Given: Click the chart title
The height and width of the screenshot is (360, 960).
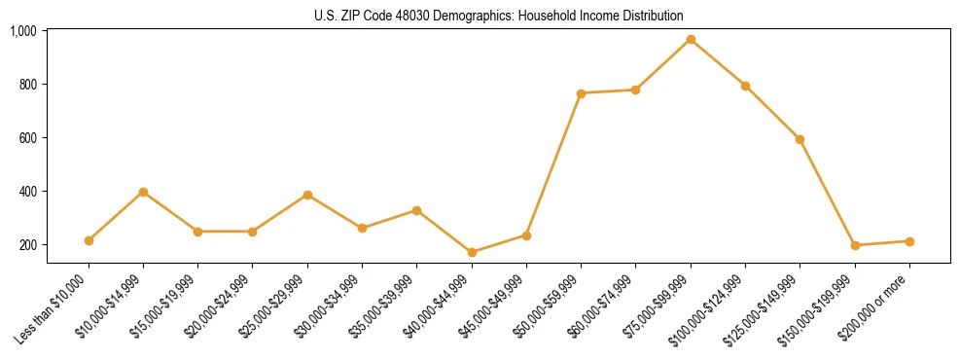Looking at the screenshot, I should click(499, 16).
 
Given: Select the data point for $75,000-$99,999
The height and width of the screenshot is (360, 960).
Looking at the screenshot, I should click(691, 40).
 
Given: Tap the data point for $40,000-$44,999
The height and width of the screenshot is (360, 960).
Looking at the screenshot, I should click(472, 252).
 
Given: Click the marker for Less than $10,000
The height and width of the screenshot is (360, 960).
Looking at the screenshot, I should click(89, 240).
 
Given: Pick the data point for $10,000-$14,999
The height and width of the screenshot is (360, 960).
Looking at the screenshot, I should click(144, 192).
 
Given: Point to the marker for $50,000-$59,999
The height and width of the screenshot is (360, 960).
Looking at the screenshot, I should click(581, 93).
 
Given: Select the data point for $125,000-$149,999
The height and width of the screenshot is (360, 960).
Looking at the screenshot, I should click(800, 139).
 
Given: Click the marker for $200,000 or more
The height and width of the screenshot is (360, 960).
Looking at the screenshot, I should click(908, 241).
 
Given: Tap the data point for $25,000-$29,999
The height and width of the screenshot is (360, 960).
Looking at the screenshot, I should click(307, 195).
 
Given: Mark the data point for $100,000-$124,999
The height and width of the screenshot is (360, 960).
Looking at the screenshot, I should click(745, 86).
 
